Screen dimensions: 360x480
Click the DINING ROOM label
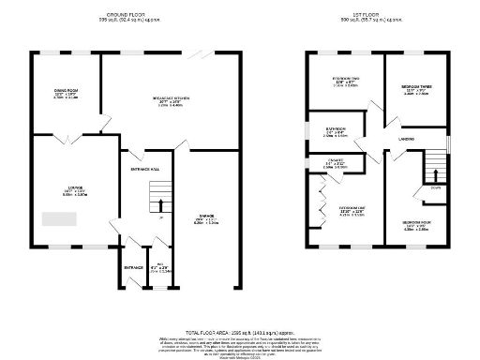66,90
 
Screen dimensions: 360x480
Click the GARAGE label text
204,215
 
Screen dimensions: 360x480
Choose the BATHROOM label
337,128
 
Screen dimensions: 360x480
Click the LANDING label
407,140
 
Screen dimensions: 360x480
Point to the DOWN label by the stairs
435,187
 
